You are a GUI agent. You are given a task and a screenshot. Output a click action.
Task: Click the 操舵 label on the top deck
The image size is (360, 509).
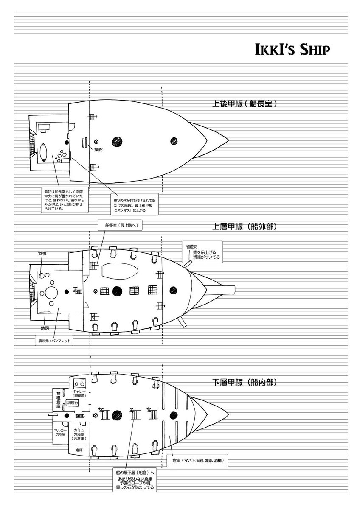(98, 150)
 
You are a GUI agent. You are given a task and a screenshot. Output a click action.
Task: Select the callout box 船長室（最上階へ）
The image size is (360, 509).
(119, 226)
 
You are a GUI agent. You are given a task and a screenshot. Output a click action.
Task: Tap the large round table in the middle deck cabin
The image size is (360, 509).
(52, 293)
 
